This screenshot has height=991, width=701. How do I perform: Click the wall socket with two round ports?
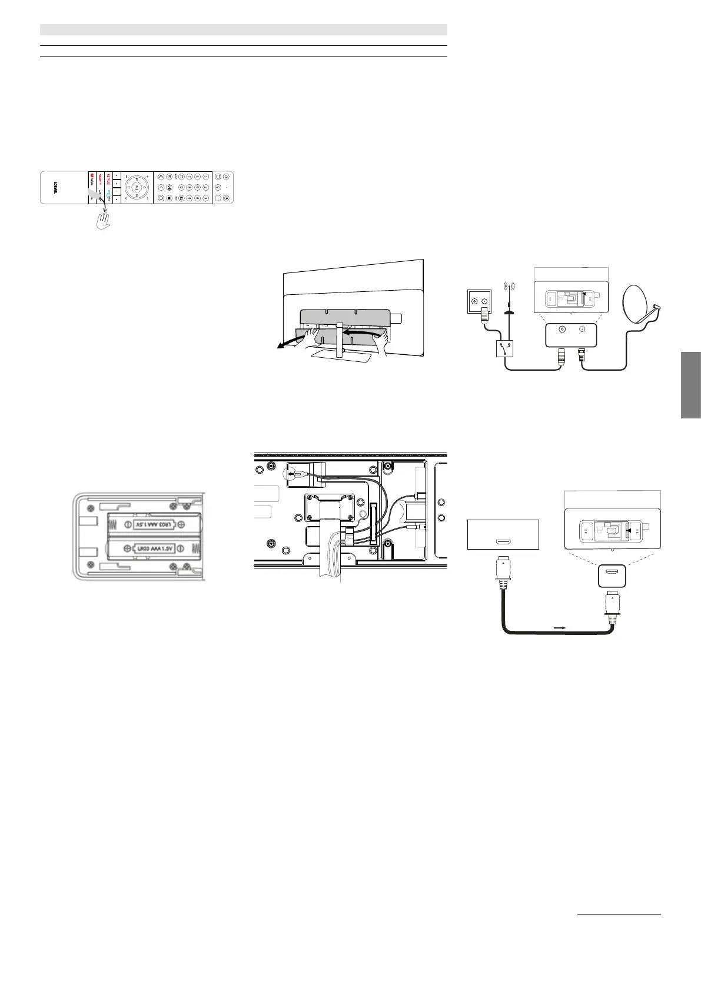[478, 300]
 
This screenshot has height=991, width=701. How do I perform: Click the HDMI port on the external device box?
[503, 541]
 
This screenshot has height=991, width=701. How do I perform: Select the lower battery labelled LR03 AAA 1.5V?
[154, 549]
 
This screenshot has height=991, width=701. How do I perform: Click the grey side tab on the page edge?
[691, 385]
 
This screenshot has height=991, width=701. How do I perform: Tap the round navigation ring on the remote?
[137, 187]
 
